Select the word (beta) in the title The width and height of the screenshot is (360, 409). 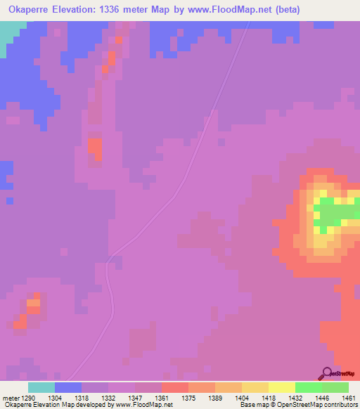pos(288,10)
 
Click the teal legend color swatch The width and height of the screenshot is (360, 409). pos(41,387)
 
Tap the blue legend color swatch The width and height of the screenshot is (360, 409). pos(68,387)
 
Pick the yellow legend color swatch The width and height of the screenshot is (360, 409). pos(282,387)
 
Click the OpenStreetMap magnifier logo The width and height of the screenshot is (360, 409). pos(326,372)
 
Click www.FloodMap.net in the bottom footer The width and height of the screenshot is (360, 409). pos(143,405)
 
